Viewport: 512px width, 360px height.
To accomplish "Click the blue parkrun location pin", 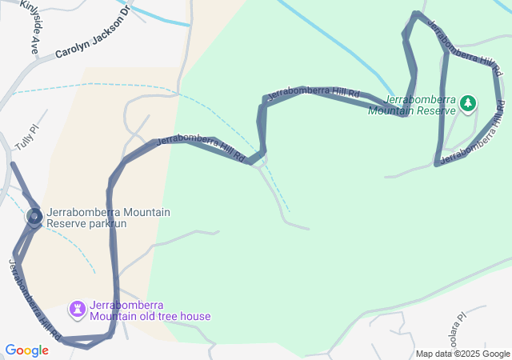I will pos(34,216).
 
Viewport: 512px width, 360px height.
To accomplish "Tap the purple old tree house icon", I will pos(77,308).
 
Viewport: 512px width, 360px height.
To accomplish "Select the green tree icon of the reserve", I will pos(468,103).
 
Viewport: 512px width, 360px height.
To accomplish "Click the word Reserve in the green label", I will pos(434,111).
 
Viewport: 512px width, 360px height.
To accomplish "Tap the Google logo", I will pos(26,350).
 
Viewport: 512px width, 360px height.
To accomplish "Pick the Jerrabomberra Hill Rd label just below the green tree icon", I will pos(473,136).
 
